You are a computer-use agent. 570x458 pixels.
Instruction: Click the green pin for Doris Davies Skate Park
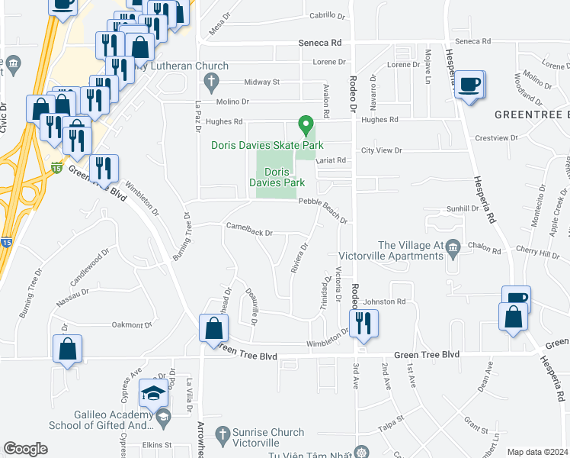(x=306, y=124)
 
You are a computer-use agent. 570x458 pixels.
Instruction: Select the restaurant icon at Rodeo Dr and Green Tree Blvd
(x=363, y=324)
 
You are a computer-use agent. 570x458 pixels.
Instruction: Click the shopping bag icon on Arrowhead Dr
(x=213, y=329)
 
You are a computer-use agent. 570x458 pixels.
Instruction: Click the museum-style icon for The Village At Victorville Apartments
(x=453, y=246)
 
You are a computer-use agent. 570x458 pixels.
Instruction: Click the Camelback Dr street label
(x=248, y=228)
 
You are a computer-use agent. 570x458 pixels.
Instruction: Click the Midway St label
(x=262, y=82)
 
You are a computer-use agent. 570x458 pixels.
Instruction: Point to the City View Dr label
(x=381, y=150)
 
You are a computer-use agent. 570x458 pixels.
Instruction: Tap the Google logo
(x=25, y=449)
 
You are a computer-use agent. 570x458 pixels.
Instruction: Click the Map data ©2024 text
(x=537, y=452)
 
